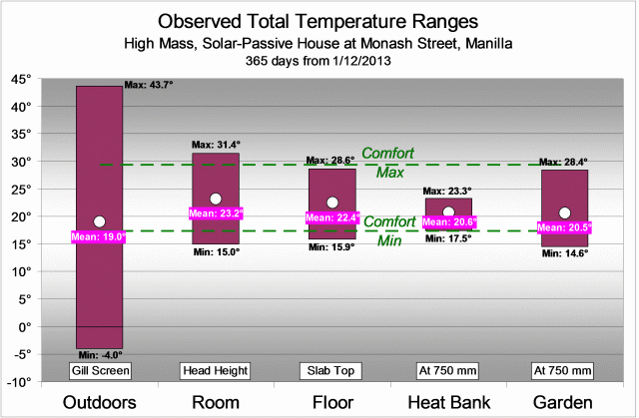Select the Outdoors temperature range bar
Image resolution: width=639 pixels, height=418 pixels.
point(99,150)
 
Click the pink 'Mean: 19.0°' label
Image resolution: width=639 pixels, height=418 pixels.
point(98,237)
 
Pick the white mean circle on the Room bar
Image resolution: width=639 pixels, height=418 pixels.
point(215,200)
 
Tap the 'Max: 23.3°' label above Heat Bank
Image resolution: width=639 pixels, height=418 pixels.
point(447,191)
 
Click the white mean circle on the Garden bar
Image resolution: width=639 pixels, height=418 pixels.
point(564,212)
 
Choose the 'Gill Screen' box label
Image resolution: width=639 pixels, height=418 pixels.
point(99,371)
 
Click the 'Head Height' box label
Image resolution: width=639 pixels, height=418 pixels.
point(215,371)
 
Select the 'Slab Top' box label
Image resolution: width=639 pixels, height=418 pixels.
point(331,371)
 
